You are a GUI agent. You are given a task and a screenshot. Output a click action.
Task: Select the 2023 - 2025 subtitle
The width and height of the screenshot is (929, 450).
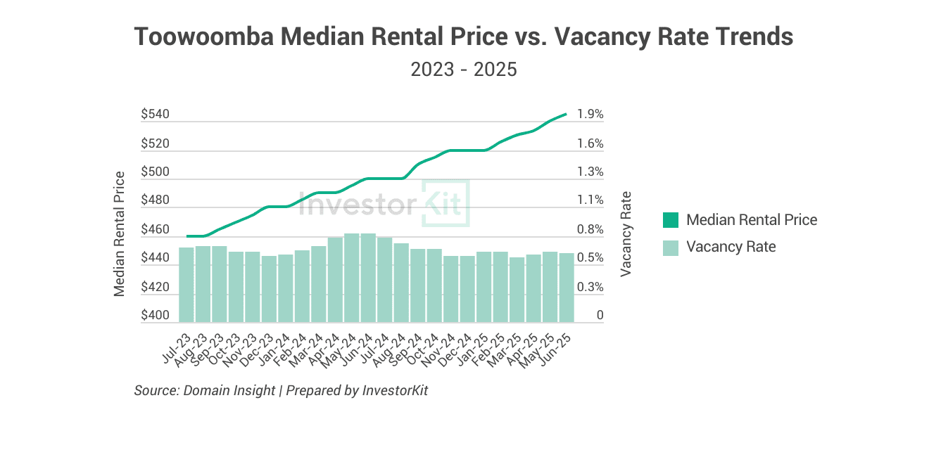[464, 70]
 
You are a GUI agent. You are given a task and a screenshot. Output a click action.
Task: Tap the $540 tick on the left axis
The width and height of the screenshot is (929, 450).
[155, 114]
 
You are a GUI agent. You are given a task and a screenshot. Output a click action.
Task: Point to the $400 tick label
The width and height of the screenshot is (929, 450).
[155, 316]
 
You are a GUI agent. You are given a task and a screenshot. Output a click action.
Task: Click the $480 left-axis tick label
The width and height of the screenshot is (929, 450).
[155, 200]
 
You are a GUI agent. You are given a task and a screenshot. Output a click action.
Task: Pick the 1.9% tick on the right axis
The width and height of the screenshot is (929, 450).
[590, 114]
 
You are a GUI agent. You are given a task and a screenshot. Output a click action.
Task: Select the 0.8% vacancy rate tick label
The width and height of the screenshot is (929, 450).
[590, 229]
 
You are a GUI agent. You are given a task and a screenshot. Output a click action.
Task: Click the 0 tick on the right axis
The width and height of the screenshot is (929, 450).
[600, 316]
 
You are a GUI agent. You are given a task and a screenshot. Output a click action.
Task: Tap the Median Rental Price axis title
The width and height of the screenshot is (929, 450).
[120, 233]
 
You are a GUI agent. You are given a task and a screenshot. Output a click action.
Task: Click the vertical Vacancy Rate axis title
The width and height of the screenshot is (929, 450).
[626, 233]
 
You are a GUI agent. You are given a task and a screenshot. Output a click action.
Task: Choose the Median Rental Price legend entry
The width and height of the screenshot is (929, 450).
[751, 220]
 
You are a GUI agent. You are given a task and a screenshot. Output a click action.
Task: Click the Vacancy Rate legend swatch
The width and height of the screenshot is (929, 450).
[671, 247]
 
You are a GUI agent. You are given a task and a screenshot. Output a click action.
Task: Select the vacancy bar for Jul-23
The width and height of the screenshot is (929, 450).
[187, 285]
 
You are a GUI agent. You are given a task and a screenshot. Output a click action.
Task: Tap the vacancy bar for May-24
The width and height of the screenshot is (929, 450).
[352, 278]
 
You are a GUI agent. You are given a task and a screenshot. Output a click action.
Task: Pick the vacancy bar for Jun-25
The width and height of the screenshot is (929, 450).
[567, 288]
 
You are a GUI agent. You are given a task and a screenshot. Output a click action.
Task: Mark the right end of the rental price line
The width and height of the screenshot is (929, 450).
[566, 114]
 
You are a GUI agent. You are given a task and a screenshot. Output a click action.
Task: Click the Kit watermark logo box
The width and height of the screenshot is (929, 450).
[445, 203]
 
